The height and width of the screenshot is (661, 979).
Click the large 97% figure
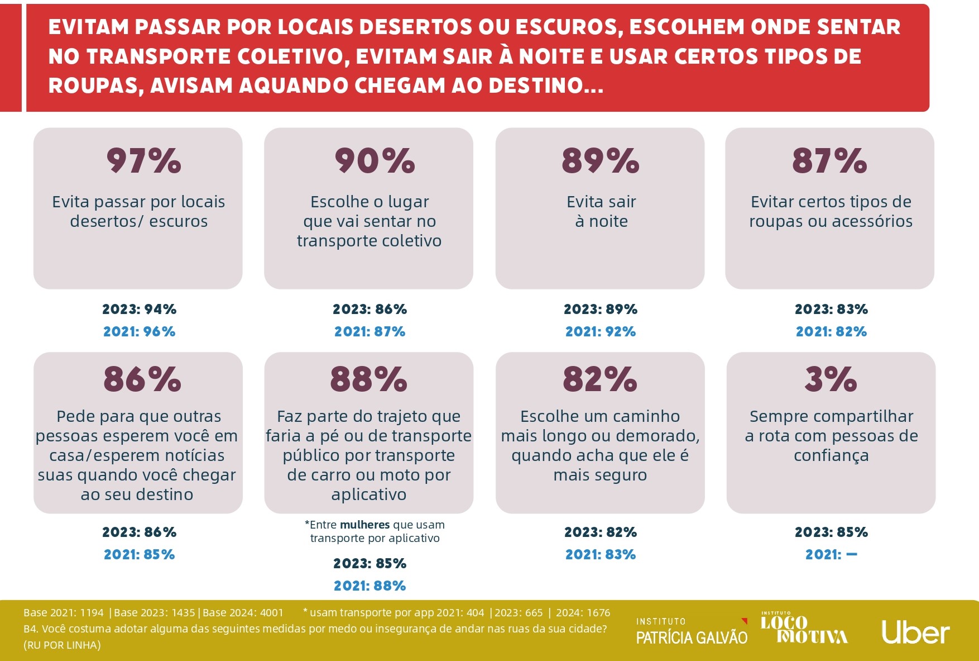pyautogui.click(x=143, y=161)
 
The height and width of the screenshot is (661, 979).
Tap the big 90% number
pyautogui.click(x=375, y=161)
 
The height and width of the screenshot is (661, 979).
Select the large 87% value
pyautogui.click(x=829, y=161)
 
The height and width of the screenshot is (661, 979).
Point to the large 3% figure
pyautogui.click(x=831, y=379)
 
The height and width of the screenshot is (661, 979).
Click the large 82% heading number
pyautogui.click(x=600, y=379)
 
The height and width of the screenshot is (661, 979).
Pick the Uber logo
pyautogui.click(x=915, y=633)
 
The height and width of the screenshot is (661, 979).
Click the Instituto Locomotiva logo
pyautogui.click(x=804, y=628)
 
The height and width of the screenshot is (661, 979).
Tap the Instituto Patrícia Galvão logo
pyautogui.click(x=692, y=631)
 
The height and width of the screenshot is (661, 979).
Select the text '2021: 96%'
pyautogui.click(x=140, y=332)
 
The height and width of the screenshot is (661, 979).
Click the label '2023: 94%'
pyautogui.click(x=140, y=310)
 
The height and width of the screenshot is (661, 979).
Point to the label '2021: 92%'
pyautogui.click(x=601, y=332)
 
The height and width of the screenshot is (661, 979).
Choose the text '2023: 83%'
pyautogui.click(x=831, y=310)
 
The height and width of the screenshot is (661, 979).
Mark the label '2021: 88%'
pyautogui.click(x=369, y=586)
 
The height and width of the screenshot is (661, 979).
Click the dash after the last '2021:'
pyautogui.click(x=852, y=555)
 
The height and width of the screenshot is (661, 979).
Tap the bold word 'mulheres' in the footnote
pyautogui.click(x=364, y=525)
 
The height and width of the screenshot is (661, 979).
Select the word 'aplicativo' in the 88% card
pyautogui.click(x=368, y=494)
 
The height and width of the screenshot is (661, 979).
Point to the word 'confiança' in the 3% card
pyautogui.click(x=831, y=456)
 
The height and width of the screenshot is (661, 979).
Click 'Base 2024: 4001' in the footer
pyautogui.click(x=243, y=613)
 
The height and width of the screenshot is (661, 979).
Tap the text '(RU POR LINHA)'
pyautogui.click(x=62, y=645)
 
